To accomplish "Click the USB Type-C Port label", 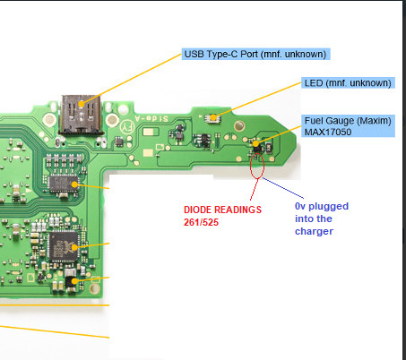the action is pyautogui.click(x=255, y=54).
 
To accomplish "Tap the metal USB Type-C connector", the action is pyautogui.click(x=81, y=114).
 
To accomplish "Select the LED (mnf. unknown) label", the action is pyautogui.click(x=348, y=82).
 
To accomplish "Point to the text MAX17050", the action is pyautogui.click(x=328, y=132).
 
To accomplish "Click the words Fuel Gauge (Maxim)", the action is pyautogui.click(x=348, y=121).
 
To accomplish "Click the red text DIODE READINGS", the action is pyautogui.click(x=222, y=210).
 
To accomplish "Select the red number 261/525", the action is pyautogui.click(x=201, y=222).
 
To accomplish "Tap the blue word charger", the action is pyautogui.click(x=314, y=231).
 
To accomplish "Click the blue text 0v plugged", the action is pyautogui.click(x=322, y=206).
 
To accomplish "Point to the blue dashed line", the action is pyautogui.click(x=283, y=188).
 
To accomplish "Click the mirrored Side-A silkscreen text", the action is pyautogui.click(x=151, y=118).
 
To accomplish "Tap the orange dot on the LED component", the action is pyautogui.click(x=213, y=117).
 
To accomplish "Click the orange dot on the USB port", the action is pyautogui.click(x=81, y=104).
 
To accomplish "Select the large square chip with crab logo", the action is pyautogui.click(x=64, y=246).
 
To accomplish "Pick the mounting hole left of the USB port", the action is pyautogui.click(x=49, y=119).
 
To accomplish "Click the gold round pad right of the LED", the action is pyautogui.click(x=239, y=125).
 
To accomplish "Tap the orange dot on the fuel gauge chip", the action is pyautogui.click(x=256, y=144).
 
